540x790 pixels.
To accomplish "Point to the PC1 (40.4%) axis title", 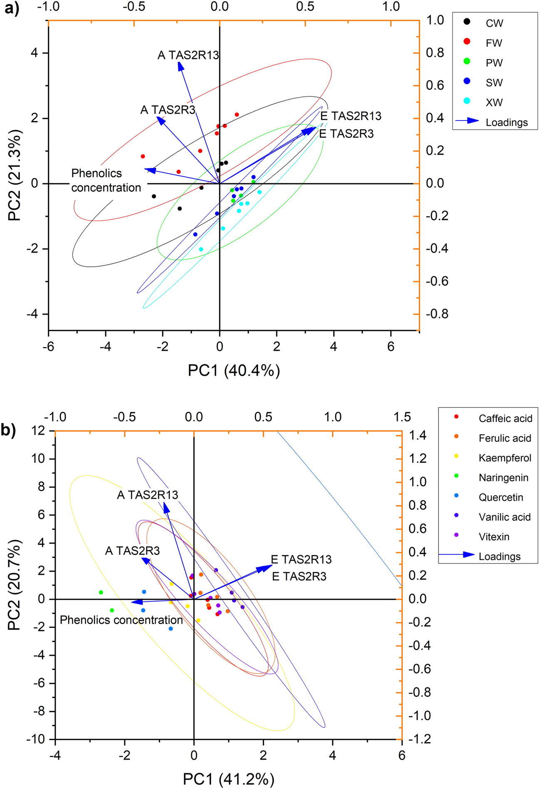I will click(234, 370).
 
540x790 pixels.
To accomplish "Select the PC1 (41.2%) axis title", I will click(228, 779).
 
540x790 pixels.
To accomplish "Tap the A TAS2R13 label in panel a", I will click(188, 55).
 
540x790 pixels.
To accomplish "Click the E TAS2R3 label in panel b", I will click(299, 576).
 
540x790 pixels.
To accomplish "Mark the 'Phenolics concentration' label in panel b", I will click(121, 620).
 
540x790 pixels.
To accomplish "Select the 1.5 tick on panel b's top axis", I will click(402, 417).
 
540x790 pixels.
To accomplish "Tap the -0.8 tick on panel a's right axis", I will click(437, 314).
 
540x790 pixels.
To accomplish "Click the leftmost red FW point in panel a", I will click(143, 156).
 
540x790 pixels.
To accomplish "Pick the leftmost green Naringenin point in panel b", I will click(101, 592).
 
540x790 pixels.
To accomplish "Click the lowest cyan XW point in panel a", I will click(201, 249).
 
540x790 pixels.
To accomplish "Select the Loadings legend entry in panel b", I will click(499, 556).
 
